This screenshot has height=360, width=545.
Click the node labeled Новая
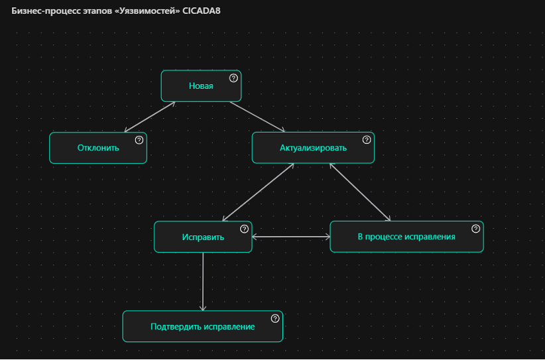(x=201, y=86)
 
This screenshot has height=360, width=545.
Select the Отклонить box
(x=98, y=148)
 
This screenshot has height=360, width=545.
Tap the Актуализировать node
(x=313, y=148)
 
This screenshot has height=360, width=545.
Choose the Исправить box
(x=203, y=237)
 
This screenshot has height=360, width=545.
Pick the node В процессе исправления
(x=406, y=237)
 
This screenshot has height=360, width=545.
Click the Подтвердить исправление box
(x=202, y=326)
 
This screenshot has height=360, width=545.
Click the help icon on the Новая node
(x=233, y=78)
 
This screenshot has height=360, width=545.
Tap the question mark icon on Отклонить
(x=139, y=140)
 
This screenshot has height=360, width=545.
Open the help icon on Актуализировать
(x=367, y=140)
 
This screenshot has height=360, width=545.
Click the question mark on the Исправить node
(x=244, y=229)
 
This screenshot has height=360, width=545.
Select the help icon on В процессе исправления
(x=475, y=229)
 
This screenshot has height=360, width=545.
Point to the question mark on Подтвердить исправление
(x=275, y=318)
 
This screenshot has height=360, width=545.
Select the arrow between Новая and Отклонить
(x=150, y=117)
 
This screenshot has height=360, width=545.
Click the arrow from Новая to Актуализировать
(x=257, y=117)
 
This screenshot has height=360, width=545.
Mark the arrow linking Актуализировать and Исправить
(x=259, y=192)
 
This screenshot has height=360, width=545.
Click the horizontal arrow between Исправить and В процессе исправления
(x=291, y=237)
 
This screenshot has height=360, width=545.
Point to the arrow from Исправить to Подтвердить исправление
(x=203, y=281)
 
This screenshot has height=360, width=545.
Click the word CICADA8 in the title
(x=202, y=11)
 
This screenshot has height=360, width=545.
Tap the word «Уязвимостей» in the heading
(x=147, y=11)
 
